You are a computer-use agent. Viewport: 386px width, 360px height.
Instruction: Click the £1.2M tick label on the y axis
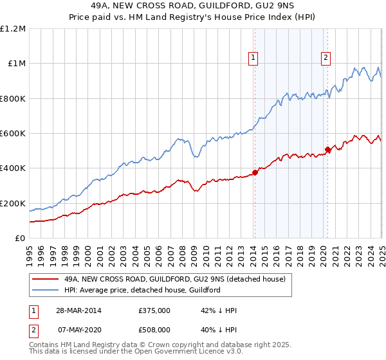coord(13,28)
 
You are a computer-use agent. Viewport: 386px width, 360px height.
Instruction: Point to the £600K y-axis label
coord(13,134)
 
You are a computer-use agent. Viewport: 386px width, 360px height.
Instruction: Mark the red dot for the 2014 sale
coord(255,172)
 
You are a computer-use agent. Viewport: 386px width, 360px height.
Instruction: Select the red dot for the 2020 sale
coord(327,150)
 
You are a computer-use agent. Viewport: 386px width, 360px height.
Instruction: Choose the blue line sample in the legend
coord(46,290)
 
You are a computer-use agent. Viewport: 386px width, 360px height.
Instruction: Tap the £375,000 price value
coord(154,310)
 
